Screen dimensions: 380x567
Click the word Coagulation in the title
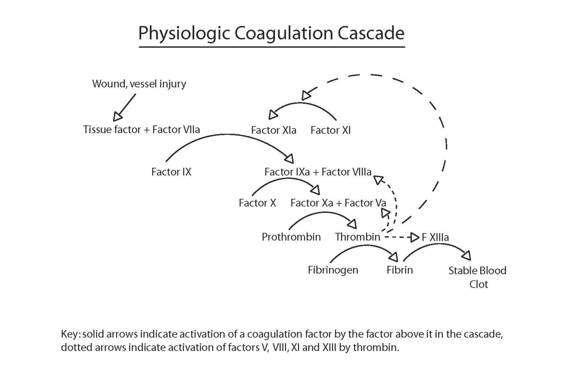[x=283, y=33]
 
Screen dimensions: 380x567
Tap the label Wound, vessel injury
[x=139, y=84]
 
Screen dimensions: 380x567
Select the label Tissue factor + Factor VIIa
[x=141, y=130]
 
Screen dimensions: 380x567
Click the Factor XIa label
[x=274, y=130]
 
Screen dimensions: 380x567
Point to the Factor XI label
[x=330, y=130]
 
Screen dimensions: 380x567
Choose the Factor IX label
[x=171, y=172]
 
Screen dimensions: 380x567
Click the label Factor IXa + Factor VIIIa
[x=318, y=172]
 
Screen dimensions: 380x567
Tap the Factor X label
[x=257, y=203]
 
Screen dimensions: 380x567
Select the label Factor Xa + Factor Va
[x=338, y=203]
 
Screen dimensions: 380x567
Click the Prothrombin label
[x=291, y=237]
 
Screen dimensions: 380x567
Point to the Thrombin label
[x=357, y=237]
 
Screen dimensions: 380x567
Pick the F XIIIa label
[x=435, y=237]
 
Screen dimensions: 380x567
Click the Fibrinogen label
[x=333, y=270]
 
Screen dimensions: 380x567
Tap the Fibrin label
[x=400, y=270]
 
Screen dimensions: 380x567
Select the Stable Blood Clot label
[x=477, y=277]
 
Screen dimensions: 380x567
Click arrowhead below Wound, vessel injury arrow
[x=117, y=117]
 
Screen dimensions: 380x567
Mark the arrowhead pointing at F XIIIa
[x=415, y=237]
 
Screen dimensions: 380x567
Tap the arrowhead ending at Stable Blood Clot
[x=467, y=255]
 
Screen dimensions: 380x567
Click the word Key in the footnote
[x=69, y=335]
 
